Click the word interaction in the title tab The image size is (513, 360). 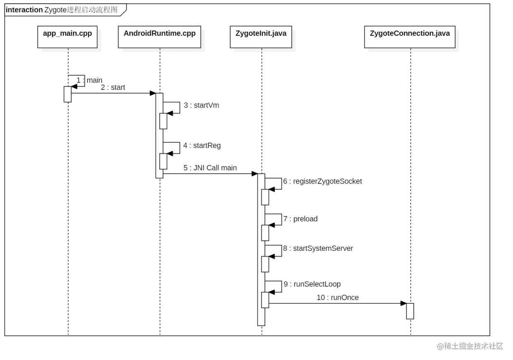click(24, 10)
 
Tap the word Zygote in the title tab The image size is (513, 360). click(55, 10)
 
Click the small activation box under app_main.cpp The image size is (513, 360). click(67, 94)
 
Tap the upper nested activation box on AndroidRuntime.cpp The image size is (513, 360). click(163, 121)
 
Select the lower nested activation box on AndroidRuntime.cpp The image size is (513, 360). click(163, 161)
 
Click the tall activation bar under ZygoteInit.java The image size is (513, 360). click(260, 248)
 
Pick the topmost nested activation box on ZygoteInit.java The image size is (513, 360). click(265, 197)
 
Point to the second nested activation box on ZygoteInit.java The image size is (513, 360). click(265, 233)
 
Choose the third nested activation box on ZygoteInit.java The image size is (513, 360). click(265, 264)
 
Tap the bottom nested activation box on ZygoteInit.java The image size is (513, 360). click(265, 300)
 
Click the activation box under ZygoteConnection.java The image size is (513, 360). click(410, 311)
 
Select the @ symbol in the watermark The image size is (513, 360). click(440, 346)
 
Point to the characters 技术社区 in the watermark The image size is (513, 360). click(488, 346)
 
